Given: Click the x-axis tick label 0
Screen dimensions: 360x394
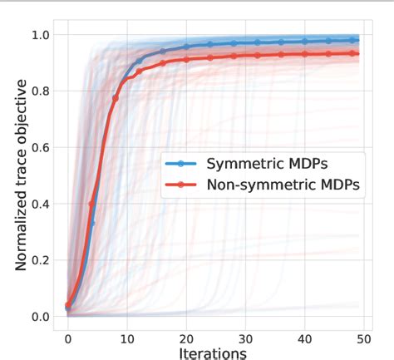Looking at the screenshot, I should tap(68, 338).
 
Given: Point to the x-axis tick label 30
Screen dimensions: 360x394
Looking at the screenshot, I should tap(245, 338).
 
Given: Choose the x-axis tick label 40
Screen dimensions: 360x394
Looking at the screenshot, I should tap(304, 338).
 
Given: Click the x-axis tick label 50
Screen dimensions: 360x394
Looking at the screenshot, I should tap(363, 338).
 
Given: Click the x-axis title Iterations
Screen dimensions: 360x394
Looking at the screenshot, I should tap(213, 353).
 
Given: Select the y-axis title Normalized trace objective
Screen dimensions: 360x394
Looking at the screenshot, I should tap(21, 175).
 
